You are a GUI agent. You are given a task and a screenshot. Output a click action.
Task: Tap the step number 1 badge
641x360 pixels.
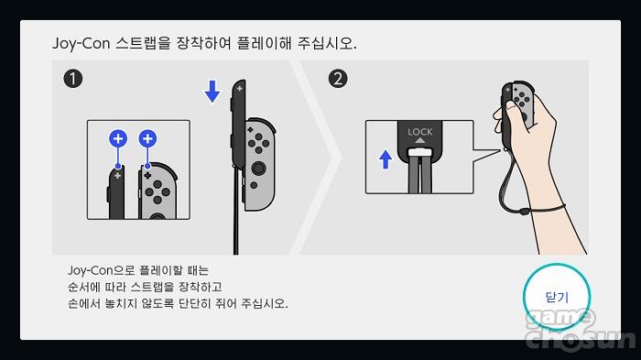[73, 79]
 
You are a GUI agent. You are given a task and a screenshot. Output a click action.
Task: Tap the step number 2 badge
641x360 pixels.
[338, 79]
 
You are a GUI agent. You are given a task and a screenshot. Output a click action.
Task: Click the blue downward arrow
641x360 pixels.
[212, 92]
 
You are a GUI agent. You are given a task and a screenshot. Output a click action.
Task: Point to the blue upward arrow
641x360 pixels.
[386, 159]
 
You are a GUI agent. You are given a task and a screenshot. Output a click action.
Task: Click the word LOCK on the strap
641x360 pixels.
[419, 132]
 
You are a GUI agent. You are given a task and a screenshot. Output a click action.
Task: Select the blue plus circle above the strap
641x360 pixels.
[118, 138]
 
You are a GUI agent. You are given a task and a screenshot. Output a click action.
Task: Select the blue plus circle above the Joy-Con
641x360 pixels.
[147, 138]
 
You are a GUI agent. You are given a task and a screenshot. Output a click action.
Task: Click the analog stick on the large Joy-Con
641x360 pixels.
[258, 168]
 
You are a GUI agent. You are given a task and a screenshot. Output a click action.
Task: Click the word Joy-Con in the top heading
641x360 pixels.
[81, 43]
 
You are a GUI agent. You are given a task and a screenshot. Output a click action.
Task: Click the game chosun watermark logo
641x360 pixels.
[581, 330]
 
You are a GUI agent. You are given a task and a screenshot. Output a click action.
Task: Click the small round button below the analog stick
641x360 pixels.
[254, 185]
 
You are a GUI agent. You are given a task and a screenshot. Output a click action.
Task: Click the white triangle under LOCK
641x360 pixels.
[419, 141]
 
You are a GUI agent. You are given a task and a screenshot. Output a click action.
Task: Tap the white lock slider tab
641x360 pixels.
[419, 153]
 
